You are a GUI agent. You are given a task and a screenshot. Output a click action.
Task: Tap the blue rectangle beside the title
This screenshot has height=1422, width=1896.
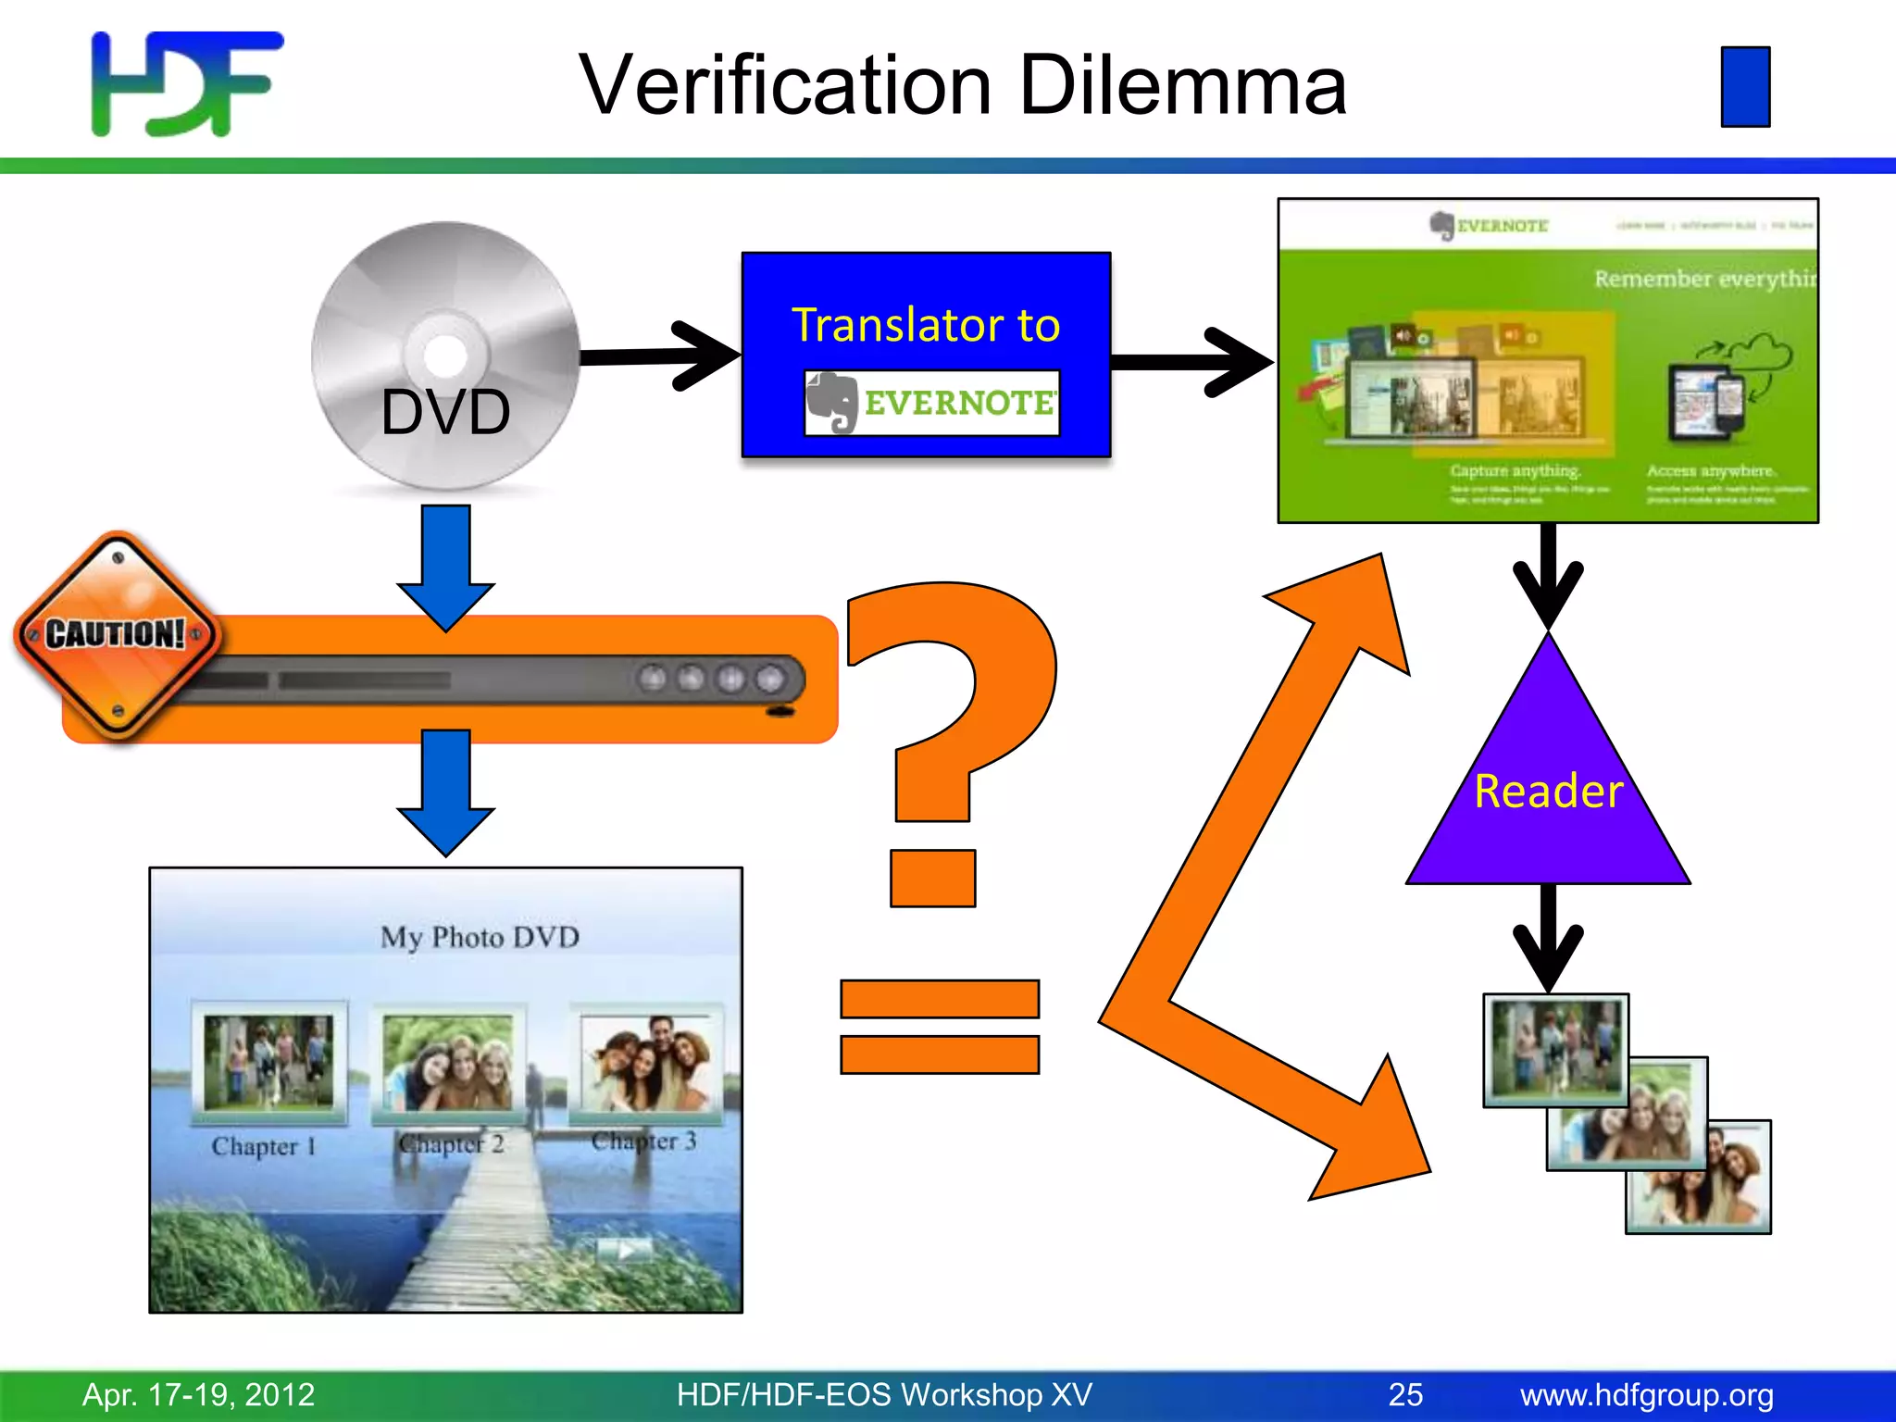[x=1745, y=86]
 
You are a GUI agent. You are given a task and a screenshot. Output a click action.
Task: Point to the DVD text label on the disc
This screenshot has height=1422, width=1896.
[x=445, y=412]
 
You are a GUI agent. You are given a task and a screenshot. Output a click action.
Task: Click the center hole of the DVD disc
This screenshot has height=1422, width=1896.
[x=445, y=355]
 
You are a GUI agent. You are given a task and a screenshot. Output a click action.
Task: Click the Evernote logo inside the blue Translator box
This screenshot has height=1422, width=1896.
[x=931, y=403]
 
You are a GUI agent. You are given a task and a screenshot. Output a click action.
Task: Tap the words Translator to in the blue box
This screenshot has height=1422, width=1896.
[x=926, y=325]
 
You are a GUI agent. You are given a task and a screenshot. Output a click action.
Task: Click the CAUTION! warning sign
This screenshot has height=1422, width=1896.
[x=117, y=635]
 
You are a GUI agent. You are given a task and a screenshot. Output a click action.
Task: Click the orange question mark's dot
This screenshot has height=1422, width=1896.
[x=932, y=878]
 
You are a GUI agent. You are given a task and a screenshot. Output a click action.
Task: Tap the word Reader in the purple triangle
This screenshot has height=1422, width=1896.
[x=1548, y=792]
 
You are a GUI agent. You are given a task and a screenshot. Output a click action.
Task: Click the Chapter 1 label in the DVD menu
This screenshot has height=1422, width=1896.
[x=264, y=1146]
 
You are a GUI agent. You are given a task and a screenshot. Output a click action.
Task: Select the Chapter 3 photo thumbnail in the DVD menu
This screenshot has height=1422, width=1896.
[x=646, y=1063]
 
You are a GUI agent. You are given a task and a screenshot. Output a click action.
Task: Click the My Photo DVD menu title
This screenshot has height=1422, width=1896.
[x=480, y=937]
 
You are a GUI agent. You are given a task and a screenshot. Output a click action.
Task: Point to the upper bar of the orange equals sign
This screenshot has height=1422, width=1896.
[x=939, y=999]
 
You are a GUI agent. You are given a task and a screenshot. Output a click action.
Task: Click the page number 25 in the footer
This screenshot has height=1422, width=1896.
[x=1405, y=1394]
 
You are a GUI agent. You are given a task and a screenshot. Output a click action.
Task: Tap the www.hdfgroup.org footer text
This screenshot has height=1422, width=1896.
[x=1646, y=1394]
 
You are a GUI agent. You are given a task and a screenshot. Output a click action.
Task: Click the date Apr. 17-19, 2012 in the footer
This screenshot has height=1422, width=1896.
[x=199, y=1394]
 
